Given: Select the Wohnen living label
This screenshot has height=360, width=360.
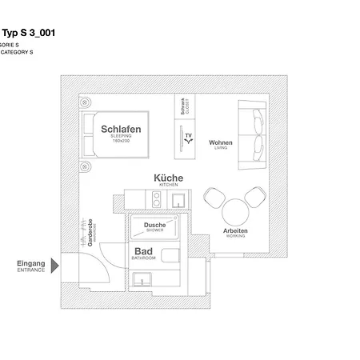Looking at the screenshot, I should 220,144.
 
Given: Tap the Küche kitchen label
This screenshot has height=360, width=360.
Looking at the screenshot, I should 169,179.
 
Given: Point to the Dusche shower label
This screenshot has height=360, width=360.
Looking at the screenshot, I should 154,226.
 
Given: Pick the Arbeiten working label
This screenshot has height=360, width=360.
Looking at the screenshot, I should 236,232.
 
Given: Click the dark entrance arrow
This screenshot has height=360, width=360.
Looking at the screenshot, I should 54,265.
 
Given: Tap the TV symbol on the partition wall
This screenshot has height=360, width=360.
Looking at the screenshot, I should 188,138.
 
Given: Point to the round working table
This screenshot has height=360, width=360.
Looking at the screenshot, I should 236,211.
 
